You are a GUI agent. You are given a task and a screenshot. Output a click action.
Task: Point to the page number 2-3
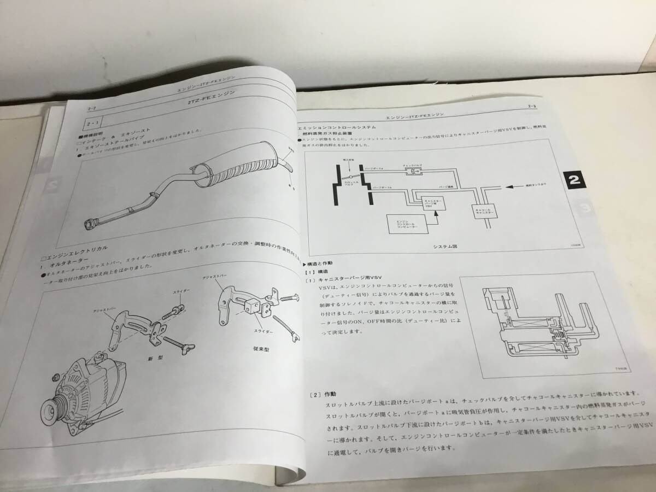pyautogui.click(x=531, y=105)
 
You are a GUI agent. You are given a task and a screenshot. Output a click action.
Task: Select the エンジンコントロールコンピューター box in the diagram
pyautogui.click(x=404, y=225)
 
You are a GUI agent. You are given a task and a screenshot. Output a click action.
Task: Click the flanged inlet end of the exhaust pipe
pyautogui.click(x=90, y=225)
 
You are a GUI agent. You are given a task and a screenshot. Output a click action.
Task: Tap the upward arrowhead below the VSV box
pyautogui.click(x=436, y=215)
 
